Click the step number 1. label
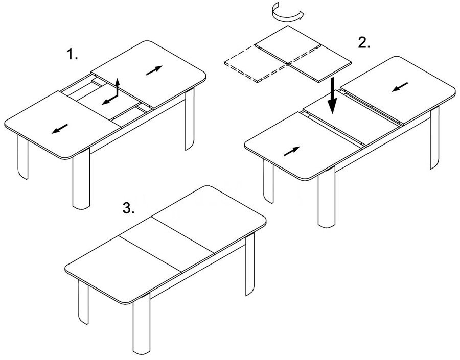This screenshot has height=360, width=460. [x=73, y=54]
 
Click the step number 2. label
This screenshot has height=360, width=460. [x=364, y=43]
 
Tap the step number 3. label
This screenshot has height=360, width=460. [x=128, y=208]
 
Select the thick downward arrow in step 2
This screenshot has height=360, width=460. [x=332, y=95]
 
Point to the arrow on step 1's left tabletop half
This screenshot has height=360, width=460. [x=60, y=129]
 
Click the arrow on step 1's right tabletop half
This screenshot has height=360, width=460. [x=154, y=70]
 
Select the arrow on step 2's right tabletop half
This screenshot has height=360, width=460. [x=400, y=87]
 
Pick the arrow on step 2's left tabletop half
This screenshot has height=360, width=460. [x=292, y=151]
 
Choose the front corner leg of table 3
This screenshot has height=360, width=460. [x=142, y=324]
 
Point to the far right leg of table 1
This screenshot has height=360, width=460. [x=190, y=119]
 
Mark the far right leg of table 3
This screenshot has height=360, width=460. [x=250, y=265]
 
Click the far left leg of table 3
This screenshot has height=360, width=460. [x=83, y=302]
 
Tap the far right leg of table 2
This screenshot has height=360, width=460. [x=435, y=138]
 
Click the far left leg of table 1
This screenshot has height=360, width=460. [x=23, y=157]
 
